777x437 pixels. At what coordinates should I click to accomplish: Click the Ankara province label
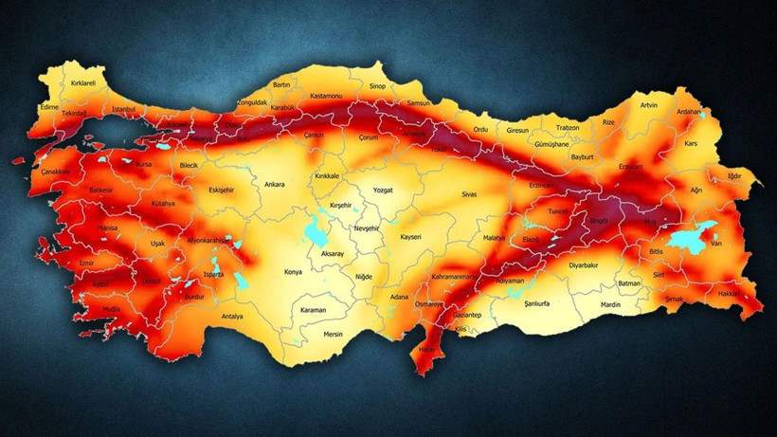tap(275, 184)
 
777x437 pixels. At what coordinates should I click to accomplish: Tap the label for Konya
tap(295, 272)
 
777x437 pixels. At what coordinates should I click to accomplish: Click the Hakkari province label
tap(729, 294)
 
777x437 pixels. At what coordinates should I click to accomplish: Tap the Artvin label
tap(649, 105)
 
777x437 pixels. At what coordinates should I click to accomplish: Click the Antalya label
tap(232, 316)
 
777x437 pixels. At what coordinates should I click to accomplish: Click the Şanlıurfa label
tap(538, 305)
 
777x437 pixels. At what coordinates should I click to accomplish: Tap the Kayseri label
tap(410, 236)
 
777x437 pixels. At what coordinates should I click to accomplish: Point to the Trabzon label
tap(568, 128)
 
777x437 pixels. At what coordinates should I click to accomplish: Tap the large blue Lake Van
tap(688, 237)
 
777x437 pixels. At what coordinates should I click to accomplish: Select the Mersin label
tap(333, 334)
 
